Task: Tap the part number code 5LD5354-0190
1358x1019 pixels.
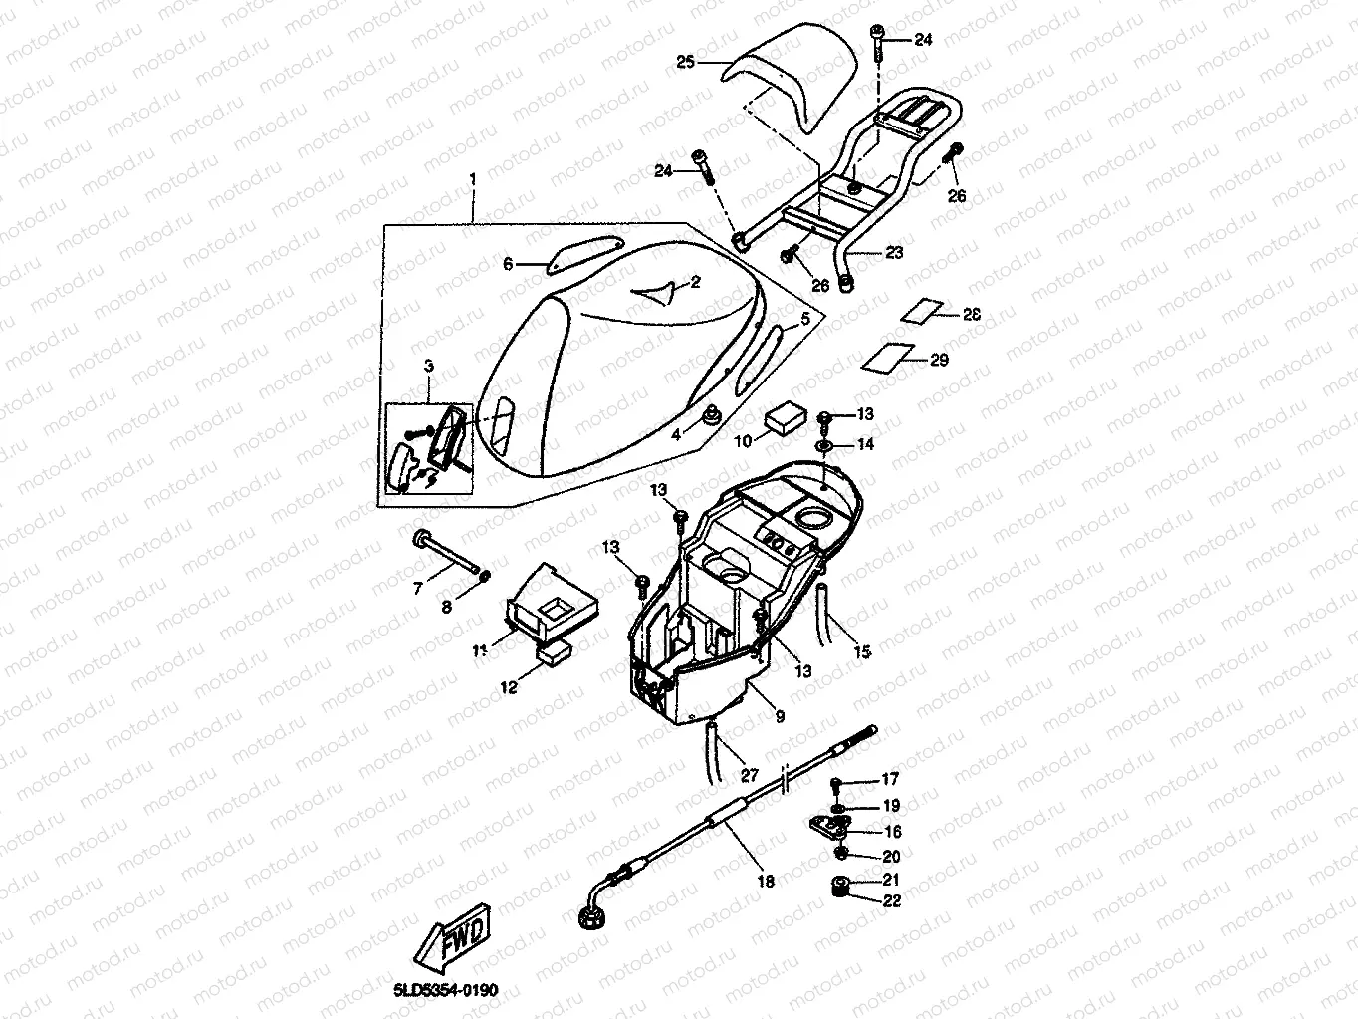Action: (x=445, y=990)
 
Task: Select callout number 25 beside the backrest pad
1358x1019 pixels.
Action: (x=685, y=62)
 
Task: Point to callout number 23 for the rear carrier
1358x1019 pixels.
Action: (x=894, y=253)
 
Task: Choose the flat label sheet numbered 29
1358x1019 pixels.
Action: (x=888, y=355)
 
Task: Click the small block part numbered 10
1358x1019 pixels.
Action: (x=784, y=418)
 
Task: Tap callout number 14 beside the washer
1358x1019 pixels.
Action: (x=865, y=444)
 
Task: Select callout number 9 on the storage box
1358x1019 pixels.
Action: (x=779, y=715)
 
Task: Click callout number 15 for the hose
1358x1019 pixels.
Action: (x=862, y=651)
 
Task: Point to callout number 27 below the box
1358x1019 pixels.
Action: (x=749, y=774)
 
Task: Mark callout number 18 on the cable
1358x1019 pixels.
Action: (x=765, y=881)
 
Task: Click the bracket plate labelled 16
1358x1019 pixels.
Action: (x=829, y=825)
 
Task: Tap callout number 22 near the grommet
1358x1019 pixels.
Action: (x=890, y=901)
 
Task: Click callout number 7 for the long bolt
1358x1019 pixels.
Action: (x=418, y=589)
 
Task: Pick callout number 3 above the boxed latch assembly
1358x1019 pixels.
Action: (x=429, y=367)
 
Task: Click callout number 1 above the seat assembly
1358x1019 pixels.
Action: (x=473, y=179)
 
